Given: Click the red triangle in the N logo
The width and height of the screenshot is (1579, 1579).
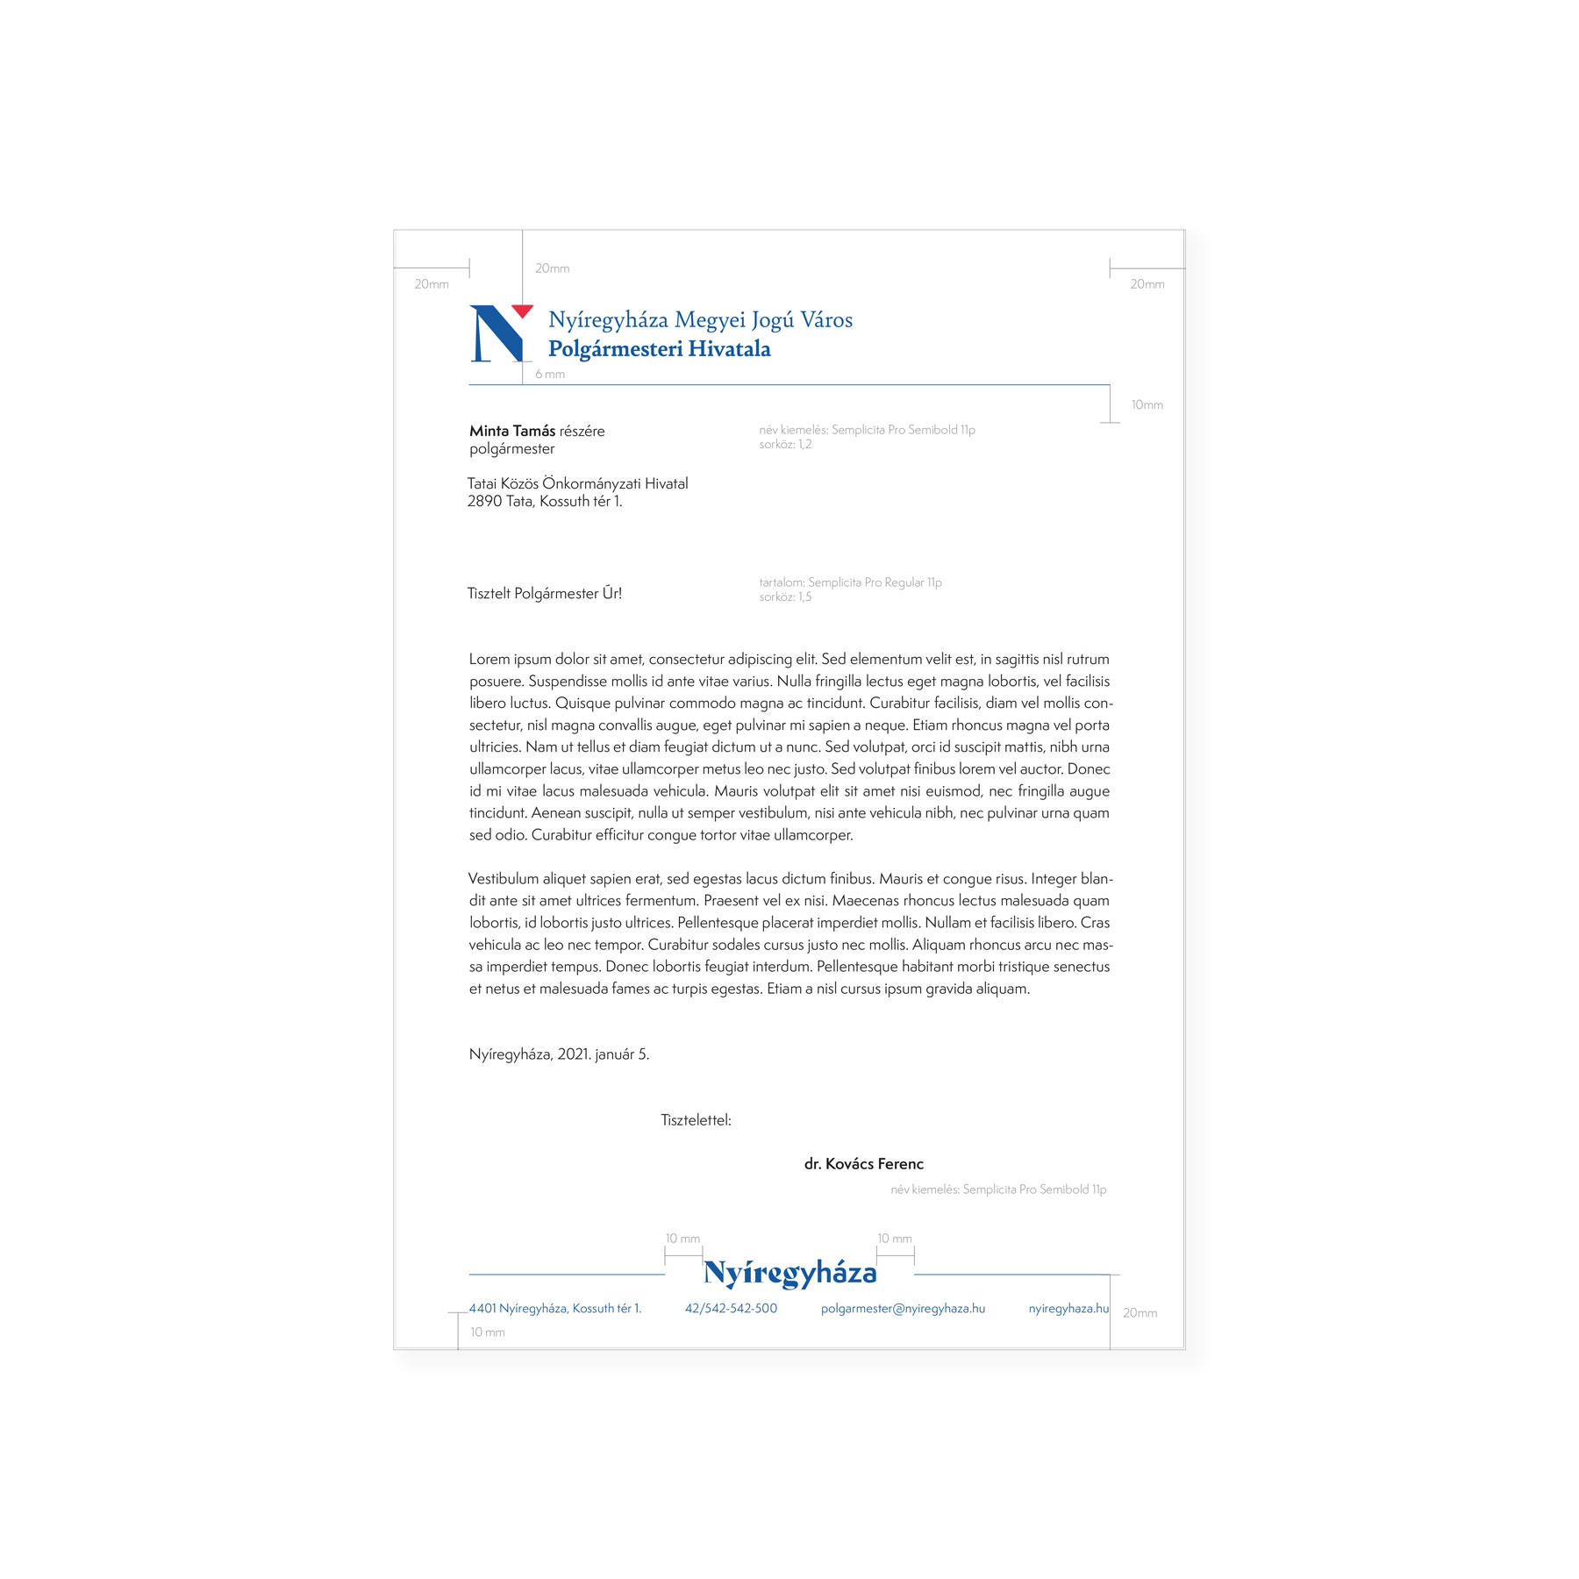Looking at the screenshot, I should click(x=522, y=311).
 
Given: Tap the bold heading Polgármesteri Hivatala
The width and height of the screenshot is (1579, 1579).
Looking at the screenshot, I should click(x=659, y=349).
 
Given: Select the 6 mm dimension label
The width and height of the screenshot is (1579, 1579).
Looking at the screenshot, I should click(x=550, y=375).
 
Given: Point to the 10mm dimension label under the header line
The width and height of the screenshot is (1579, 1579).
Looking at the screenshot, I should click(x=1147, y=405).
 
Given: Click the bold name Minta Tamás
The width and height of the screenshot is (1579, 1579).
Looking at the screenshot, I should click(x=512, y=431).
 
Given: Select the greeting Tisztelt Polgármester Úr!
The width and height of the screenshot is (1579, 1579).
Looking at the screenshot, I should click(x=544, y=594).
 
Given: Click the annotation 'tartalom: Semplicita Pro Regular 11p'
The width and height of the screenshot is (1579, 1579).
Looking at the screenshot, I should click(x=850, y=582).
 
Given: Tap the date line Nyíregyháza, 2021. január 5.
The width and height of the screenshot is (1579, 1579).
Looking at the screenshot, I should click(x=559, y=1054).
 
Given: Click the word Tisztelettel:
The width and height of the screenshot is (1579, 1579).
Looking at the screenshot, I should click(x=696, y=1120).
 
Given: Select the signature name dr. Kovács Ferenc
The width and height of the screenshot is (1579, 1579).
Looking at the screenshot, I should click(x=863, y=1164).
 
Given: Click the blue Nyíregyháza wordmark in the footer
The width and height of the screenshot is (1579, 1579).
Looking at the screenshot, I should click(x=789, y=1273).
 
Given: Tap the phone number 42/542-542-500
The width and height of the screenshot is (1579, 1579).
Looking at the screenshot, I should click(x=731, y=1309).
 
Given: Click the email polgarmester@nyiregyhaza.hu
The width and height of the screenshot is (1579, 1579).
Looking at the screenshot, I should click(x=903, y=1309).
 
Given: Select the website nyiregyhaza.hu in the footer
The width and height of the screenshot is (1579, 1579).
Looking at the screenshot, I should click(x=1068, y=1309).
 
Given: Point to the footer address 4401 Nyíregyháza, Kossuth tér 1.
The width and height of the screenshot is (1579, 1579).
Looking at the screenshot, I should click(x=554, y=1309).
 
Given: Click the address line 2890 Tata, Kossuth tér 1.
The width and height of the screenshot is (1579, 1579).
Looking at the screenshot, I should click(x=544, y=502).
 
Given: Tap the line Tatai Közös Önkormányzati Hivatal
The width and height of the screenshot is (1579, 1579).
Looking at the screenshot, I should click(x=577, y=484).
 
